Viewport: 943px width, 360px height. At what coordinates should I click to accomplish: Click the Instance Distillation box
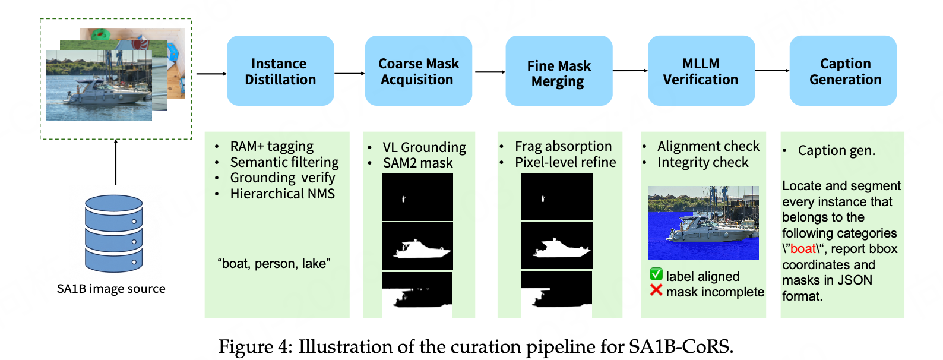[x=280, y=71]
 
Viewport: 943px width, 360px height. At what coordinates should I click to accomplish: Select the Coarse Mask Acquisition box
[x=419, y=71]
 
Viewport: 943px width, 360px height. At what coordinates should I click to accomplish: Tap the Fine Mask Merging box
[x=559, y=71]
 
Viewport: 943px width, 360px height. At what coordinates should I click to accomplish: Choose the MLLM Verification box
[x=701, y=71]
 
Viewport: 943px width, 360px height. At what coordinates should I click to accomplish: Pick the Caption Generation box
[x=843, y=71]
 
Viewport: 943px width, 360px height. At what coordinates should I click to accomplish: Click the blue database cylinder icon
[x=113, y=233]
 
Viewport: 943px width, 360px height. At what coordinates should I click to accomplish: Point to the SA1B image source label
[x=111, y=289]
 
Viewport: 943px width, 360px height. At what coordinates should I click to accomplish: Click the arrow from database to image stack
[x=116, y=162]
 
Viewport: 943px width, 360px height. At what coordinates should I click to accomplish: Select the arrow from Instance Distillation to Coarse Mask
[x=349, y=74]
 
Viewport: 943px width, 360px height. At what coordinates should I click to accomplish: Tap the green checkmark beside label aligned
[x=656, y=274]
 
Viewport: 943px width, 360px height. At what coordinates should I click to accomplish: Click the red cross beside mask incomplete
[x=656, y=290]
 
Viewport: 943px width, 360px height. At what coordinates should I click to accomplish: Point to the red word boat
[x=803, y=249]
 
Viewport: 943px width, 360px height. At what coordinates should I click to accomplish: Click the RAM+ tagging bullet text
[x=271, y=147]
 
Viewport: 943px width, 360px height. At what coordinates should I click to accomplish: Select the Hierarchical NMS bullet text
[x=283, y=194]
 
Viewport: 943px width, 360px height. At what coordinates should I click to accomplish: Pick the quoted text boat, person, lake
[x=274, y=264]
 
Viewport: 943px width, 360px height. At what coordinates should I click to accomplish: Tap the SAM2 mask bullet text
[x=417, y=163]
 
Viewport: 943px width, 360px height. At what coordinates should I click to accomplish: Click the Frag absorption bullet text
[x=564, y=146]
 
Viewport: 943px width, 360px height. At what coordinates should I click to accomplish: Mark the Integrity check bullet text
[x=703, y=163]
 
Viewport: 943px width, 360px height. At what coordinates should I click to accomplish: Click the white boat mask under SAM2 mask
[x=422, y=249]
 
